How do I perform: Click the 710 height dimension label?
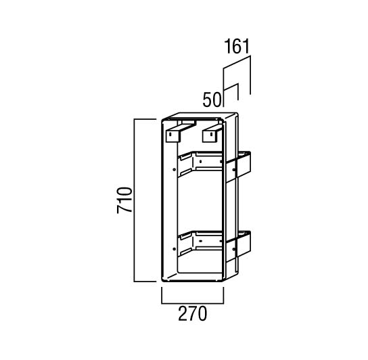124,200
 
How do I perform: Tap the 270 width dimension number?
192,314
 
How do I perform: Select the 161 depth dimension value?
237,46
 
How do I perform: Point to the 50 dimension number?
212,99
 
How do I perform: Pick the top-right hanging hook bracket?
212,133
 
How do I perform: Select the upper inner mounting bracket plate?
200,163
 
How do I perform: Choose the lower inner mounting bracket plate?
200,243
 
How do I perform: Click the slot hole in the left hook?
170,135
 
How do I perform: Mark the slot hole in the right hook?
211,135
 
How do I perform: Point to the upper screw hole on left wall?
174,169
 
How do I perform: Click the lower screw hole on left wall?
174,249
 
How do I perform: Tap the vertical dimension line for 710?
134,200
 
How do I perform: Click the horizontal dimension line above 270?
192,303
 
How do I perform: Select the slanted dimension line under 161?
237,62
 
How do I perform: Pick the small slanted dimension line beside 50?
231,87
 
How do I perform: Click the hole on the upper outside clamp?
234,170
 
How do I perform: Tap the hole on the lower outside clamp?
234,249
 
